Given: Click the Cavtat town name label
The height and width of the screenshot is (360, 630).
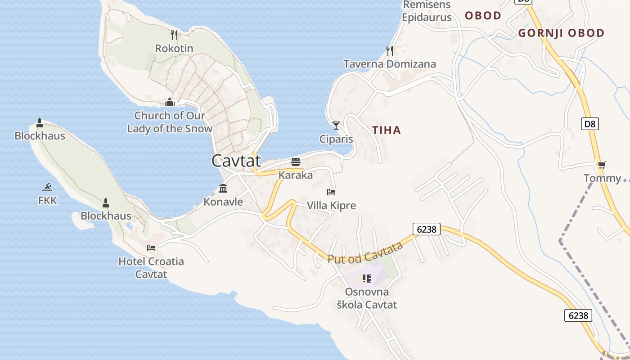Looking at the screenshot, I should tap(236, 161).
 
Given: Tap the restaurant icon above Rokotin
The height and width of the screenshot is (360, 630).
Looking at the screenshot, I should tap(174, 35).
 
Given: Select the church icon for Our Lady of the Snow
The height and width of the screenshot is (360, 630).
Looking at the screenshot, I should tap(170, 102).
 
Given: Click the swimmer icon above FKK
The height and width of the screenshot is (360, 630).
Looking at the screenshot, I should tap(47, 187).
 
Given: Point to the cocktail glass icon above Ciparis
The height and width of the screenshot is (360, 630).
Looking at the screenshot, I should tap(336, 125).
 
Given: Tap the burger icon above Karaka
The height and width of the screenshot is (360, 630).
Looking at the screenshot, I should tap(296, 162).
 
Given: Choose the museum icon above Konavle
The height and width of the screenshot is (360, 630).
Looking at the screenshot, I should tap(223, 188).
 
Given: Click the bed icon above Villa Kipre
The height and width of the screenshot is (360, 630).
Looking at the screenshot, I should tap(331, 192).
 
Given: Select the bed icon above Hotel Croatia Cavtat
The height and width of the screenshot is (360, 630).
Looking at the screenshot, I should tap(151, 247).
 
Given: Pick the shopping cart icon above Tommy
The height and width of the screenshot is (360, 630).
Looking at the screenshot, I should tap(602, 165).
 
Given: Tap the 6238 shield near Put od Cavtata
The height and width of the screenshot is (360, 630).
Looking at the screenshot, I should tap(426, 229).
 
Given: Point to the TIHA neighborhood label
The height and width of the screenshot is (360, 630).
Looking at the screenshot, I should tap(386, 130).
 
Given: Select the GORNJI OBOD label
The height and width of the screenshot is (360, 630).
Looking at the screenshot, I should tap(561, 33).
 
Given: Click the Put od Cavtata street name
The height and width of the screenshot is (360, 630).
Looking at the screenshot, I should tap(365, 253).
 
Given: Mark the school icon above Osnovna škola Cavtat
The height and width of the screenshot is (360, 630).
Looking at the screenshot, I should tap(367, 279).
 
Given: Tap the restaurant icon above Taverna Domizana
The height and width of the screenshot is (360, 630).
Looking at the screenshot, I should tap(390, 50).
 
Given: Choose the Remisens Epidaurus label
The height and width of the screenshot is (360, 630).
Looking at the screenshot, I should tap(427, 11).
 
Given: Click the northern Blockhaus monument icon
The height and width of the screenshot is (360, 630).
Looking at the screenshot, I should tap(40, 122).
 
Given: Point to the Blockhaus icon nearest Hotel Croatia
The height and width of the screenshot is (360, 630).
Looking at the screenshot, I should tap(106, 203).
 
